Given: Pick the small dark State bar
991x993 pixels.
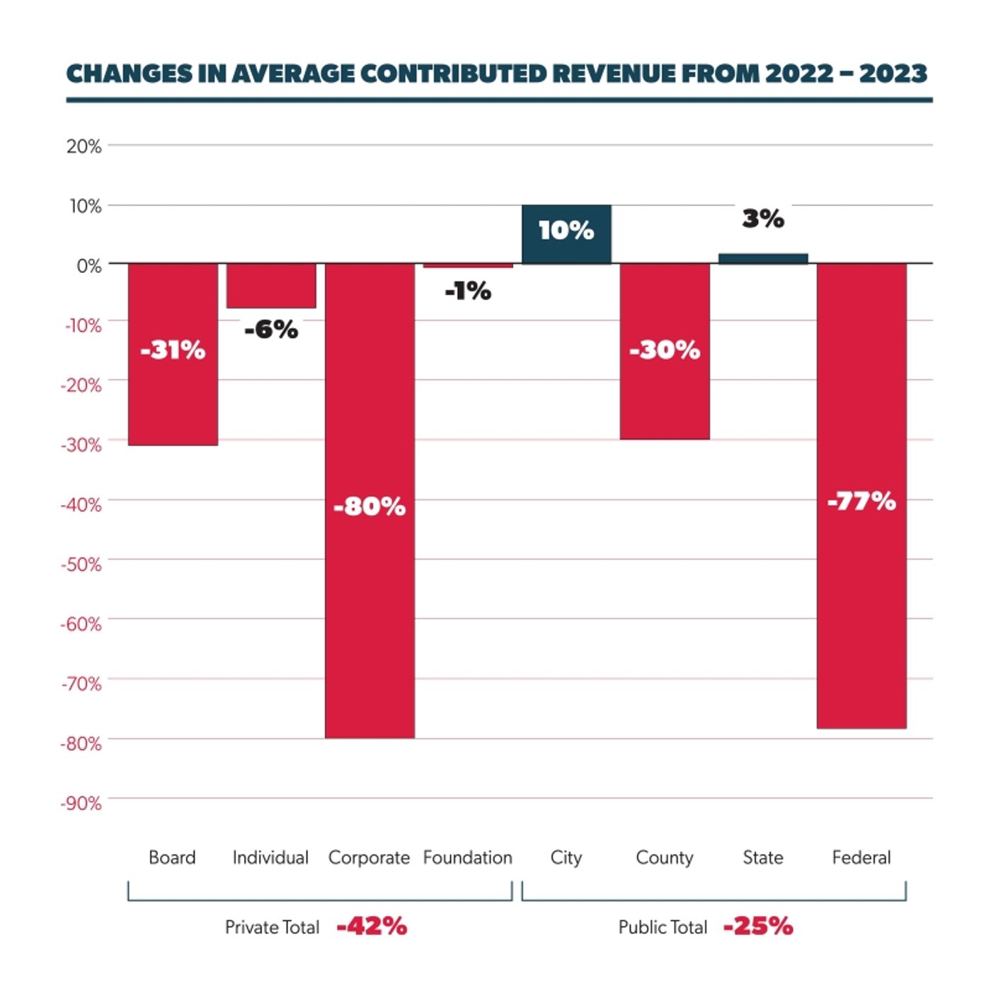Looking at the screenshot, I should click(763, 259).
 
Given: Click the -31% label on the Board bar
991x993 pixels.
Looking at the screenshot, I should click(173, 350).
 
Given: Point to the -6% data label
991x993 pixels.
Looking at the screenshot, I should click(271, 330).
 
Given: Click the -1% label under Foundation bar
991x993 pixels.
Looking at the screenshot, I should click(468, 291).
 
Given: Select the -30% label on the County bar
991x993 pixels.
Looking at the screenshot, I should click(665, 350).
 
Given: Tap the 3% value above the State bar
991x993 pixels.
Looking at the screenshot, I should click(763, 219).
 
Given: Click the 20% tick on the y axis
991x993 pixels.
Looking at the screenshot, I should click(84, 146).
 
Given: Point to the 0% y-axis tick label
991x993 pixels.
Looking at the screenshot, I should click(88, 266).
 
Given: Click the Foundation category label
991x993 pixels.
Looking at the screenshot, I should click(468, 858).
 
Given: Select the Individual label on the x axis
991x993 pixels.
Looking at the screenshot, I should click(270, 858).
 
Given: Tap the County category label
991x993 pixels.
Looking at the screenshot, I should click(665, 858).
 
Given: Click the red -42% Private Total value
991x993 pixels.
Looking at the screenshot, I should click(372, 927).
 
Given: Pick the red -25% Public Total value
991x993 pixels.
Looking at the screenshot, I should click(758, 927).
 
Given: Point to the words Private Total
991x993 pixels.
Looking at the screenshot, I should click(272, 927).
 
